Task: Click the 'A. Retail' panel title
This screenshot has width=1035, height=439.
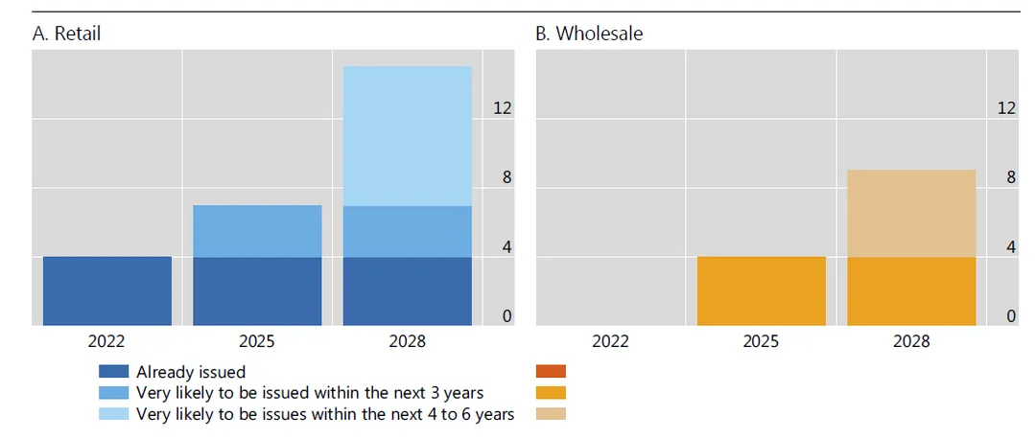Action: [66, 34]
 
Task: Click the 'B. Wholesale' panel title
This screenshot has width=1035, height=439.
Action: [589, 34]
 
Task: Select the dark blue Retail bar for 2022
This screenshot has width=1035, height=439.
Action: [107, 291]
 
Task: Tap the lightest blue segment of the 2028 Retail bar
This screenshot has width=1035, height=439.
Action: [408, 136]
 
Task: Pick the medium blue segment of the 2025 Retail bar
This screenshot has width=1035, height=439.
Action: [257, 231]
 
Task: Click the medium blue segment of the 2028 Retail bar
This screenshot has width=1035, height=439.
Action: [408, 231]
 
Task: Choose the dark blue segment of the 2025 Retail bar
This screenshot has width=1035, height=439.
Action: [257, 291]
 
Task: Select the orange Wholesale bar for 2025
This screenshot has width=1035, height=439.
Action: [762, 291]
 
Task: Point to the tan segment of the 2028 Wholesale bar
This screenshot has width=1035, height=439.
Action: [911, 213]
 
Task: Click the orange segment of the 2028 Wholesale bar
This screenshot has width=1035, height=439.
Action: [911, 291]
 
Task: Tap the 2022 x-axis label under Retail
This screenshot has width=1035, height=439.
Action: [107, 341]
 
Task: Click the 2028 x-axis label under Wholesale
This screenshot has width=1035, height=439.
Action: [911, 341]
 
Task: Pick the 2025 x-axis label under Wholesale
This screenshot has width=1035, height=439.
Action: [762, 341]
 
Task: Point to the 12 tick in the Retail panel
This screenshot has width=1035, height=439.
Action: [502, 108]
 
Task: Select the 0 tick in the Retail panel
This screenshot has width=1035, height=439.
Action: [506, 316]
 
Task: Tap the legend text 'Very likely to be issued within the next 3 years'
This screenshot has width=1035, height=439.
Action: [310, 393]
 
